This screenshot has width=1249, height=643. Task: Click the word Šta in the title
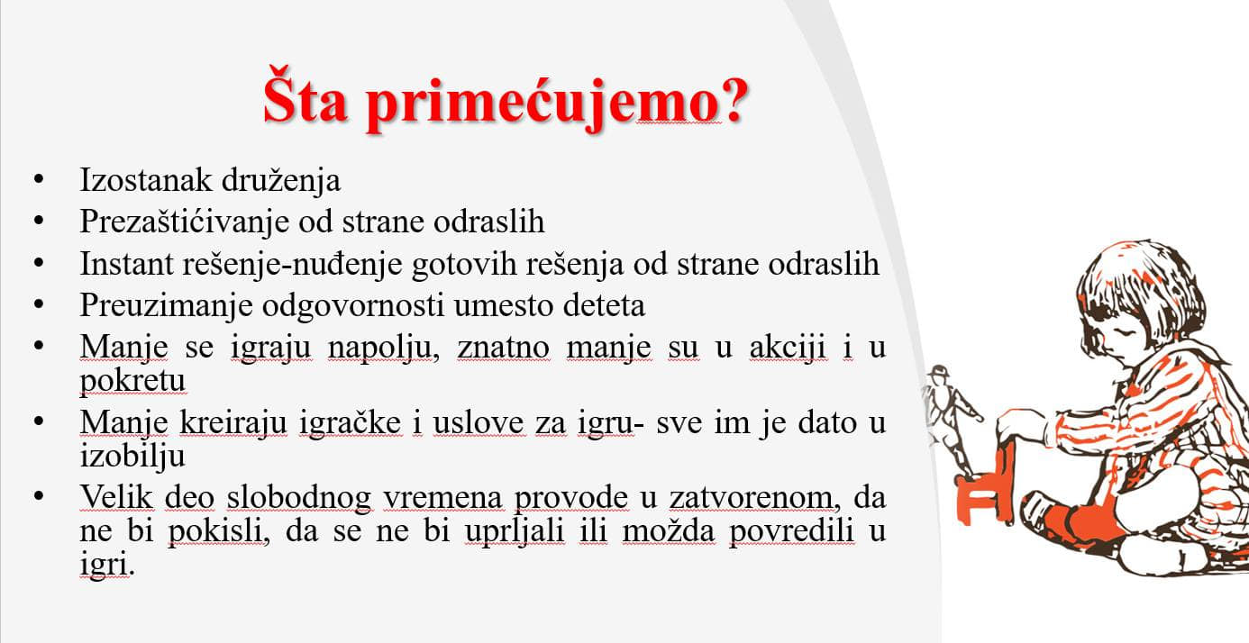305,95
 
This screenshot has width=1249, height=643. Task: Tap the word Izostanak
145,180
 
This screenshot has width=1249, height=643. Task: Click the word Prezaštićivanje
185,222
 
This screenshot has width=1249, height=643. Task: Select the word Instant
126,264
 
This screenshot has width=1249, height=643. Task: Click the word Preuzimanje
166,306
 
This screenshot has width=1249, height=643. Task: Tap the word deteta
605,305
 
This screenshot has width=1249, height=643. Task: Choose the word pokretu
132,382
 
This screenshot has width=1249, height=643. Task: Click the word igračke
351,423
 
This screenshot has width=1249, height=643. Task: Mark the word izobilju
132,457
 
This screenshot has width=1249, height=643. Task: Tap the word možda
669,530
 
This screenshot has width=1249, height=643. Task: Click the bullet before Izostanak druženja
39,179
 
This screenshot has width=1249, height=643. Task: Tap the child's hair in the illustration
1140,290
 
